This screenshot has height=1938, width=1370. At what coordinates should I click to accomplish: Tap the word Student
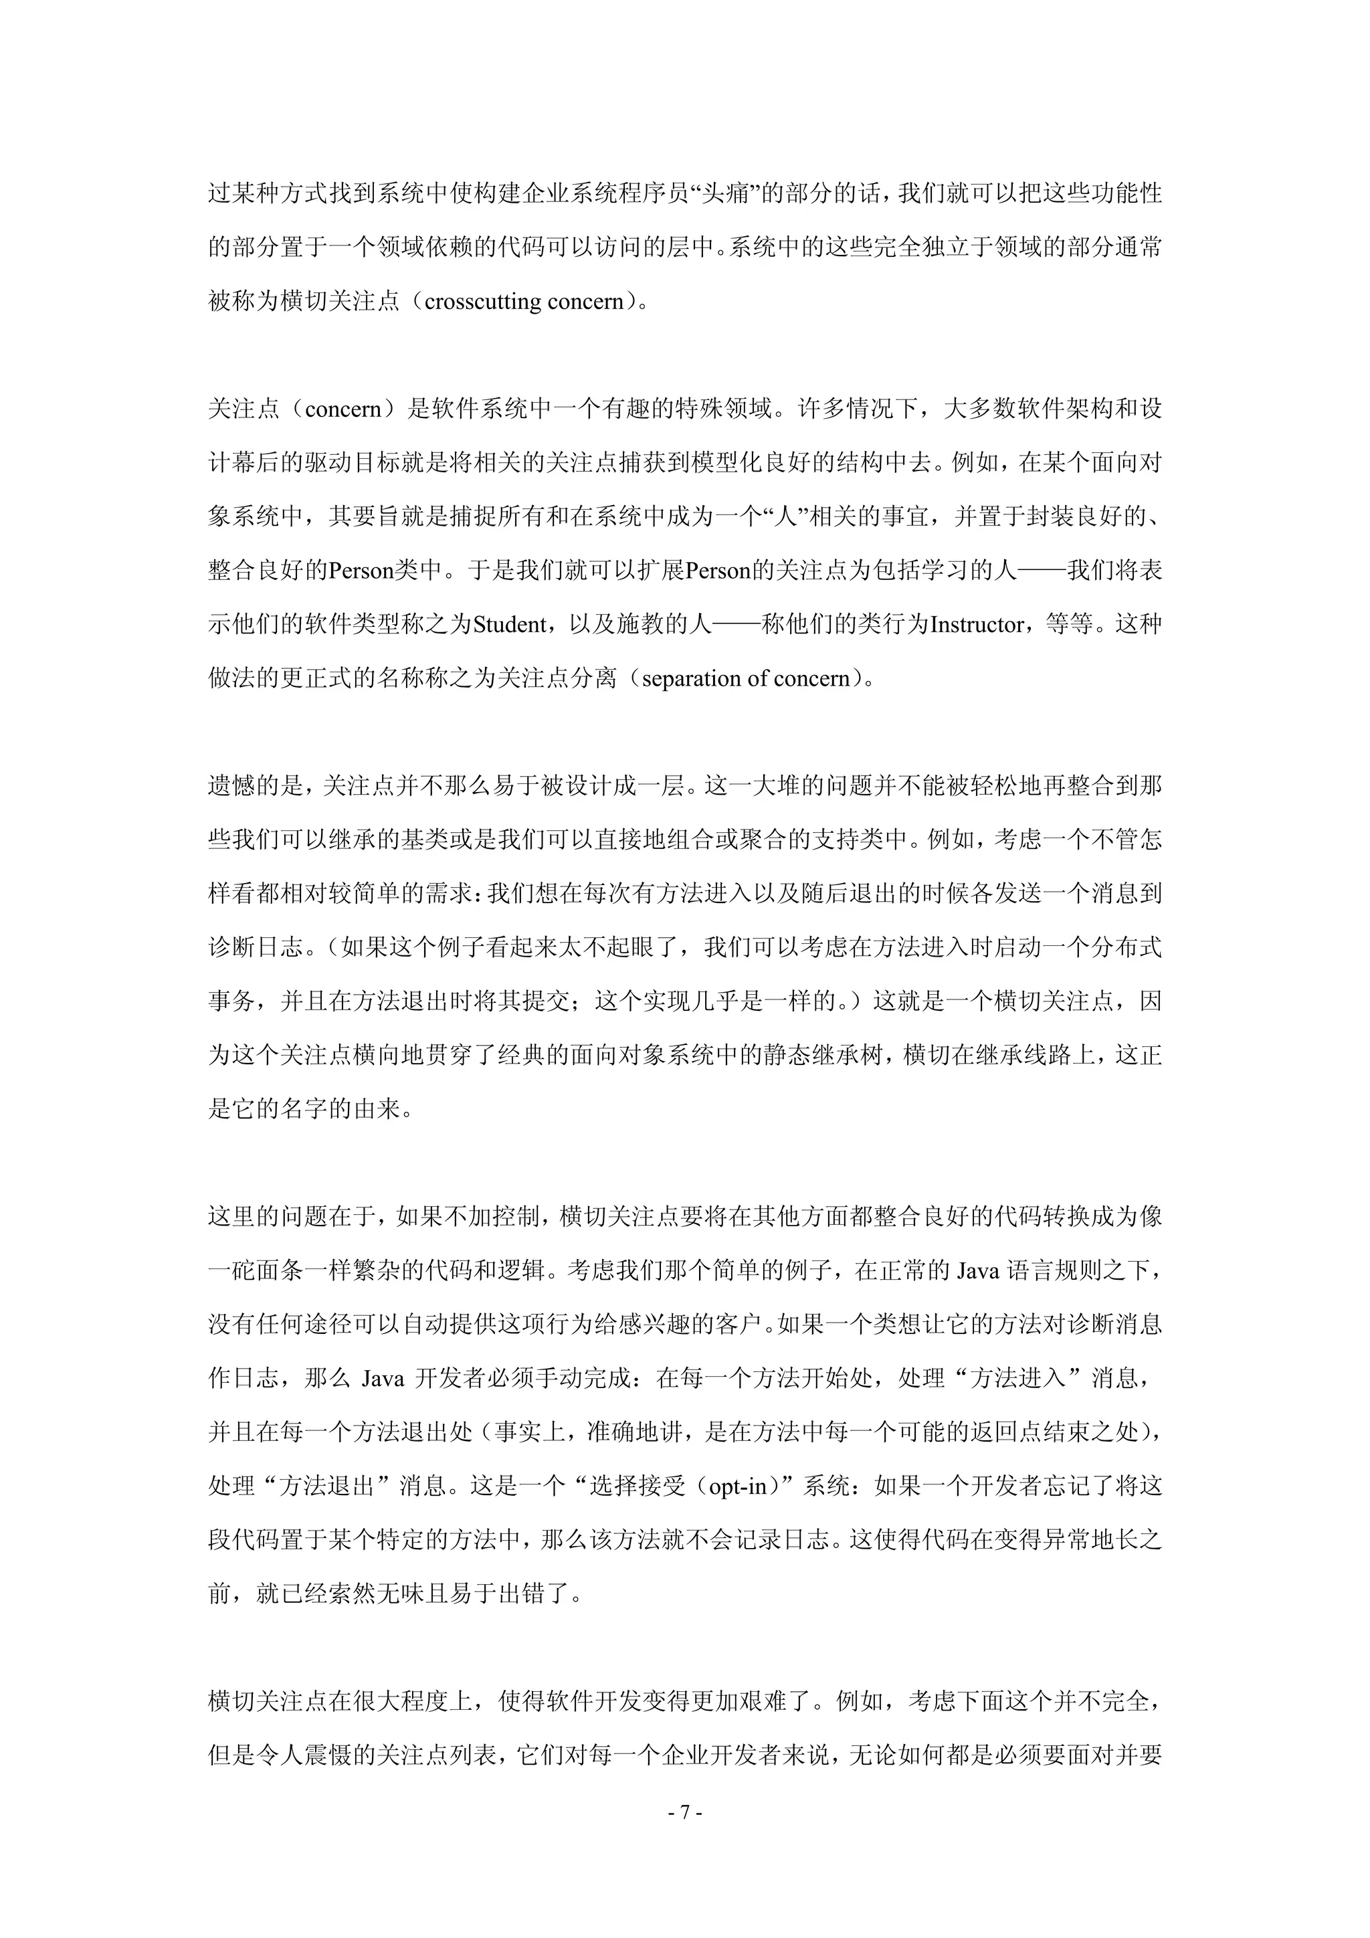[510, 625]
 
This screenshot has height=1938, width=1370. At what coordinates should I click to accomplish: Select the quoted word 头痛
[726, 193]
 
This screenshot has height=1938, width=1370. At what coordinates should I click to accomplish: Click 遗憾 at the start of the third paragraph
[232, 786]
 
